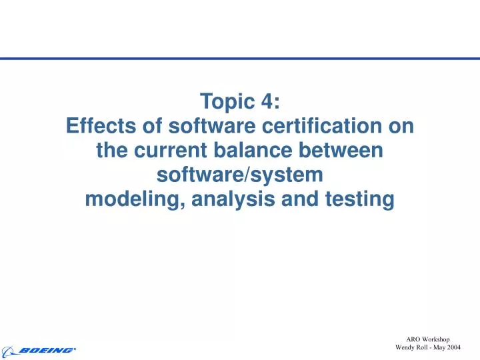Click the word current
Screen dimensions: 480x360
170,150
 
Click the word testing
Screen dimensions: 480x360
359,199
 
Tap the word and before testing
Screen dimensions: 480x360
300,199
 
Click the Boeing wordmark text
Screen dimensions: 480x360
47,350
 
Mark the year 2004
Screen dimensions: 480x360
454,347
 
